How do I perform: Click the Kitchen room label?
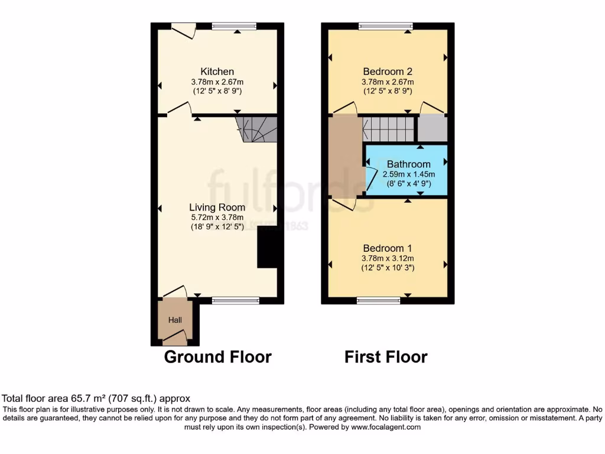(x=217, y=72)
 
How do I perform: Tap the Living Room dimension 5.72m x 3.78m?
(x=217, y=217)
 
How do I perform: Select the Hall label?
(x=175, y=320)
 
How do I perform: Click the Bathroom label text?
(x=408, y=164)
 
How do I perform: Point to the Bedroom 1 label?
(x=388, y=248)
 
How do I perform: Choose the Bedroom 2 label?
(x=388, y=72)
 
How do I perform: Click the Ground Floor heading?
(x=217, y=357)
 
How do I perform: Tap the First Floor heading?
(x=386, y=357)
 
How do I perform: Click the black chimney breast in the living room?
(x=267, y=247)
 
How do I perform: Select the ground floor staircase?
(x=258, y=129)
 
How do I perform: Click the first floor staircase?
(x=388, y=128)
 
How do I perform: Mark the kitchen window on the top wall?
(x=235, y=25)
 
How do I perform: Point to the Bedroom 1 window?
(x=379, y=300)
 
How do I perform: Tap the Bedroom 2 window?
(x=385, y=25)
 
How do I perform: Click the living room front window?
(x=235, y=300)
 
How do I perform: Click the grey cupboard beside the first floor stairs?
(x=432, y=128)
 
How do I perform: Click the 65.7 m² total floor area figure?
(x=71, y=399)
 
